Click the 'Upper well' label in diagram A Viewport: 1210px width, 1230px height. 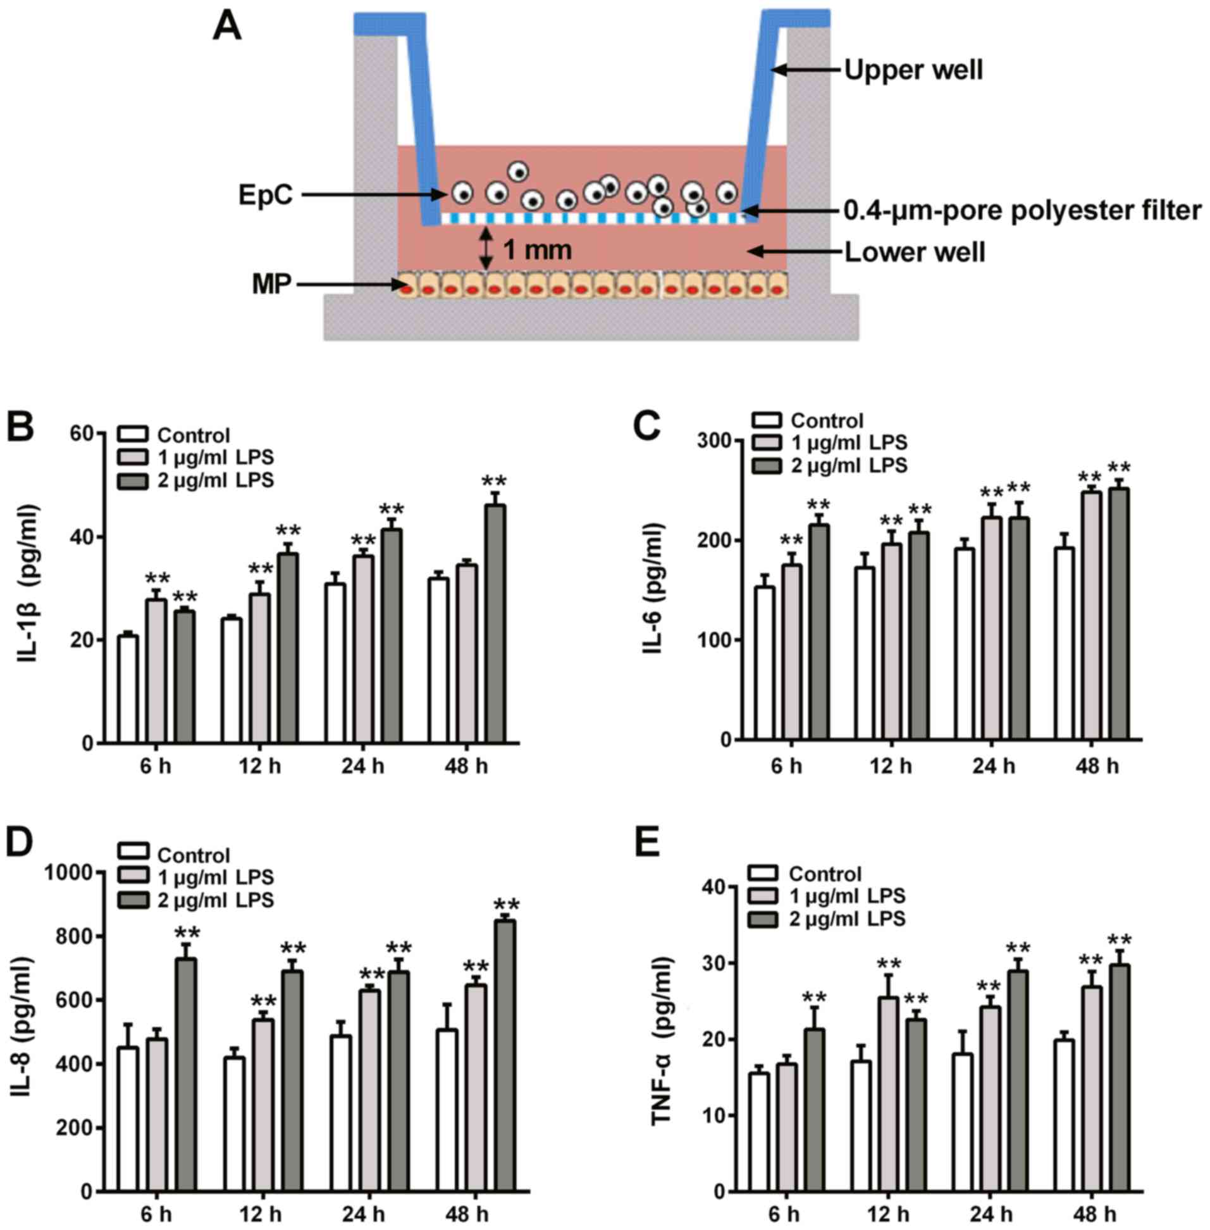click(x=913, y=71)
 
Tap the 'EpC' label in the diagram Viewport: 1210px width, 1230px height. click(x=266, y=195)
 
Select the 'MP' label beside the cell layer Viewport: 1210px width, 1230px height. click(x=271, y=286)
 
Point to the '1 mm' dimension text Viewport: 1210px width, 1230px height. click(x=537, y=250)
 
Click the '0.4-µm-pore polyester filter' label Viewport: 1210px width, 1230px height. click(x=1022, y=210)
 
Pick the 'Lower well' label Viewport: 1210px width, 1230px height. click(x=915, y=253)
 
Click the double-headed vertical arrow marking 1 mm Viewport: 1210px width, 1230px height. click(x=486, y=249)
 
